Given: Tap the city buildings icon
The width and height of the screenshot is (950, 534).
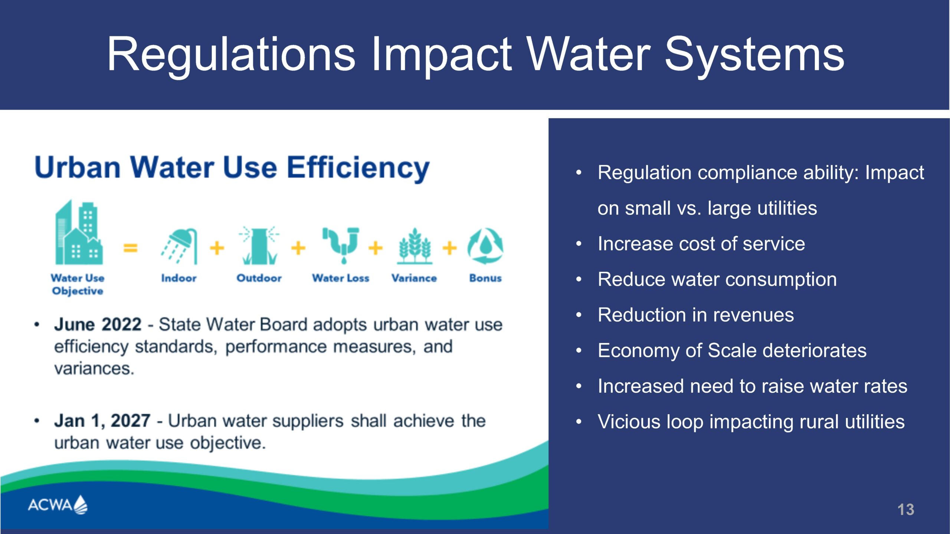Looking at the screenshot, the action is click(x=79, y=232).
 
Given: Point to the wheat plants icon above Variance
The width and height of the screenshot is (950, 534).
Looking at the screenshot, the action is click(x=415, y=246).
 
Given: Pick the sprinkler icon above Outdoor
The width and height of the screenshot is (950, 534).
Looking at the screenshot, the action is click(x=259, y=245).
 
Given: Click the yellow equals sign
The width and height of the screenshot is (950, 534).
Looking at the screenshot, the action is click(x=130, y=247).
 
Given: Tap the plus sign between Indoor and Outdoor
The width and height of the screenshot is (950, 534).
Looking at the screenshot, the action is click(x=217, y=248).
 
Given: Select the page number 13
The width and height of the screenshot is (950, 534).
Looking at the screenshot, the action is click(x=906, y=510).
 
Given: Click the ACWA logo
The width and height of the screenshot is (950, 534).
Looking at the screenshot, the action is click(x=58, y=505).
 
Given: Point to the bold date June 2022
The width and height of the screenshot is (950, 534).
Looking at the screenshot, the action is click(x=98, y=324).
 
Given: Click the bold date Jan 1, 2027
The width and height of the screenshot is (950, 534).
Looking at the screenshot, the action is click(x=102, y=421).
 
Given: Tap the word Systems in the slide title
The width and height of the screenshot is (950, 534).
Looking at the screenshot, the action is click(x=754, y=55).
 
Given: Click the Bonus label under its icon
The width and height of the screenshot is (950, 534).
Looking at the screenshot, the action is click(x=485, y=278).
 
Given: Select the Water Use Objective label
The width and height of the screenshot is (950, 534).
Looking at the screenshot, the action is click(x=78, y=284).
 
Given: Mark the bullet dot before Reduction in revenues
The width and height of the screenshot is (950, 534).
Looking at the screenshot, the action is click(x=579, y=315).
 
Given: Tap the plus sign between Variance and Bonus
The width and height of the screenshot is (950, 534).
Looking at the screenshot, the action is click(x=450, y=248).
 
